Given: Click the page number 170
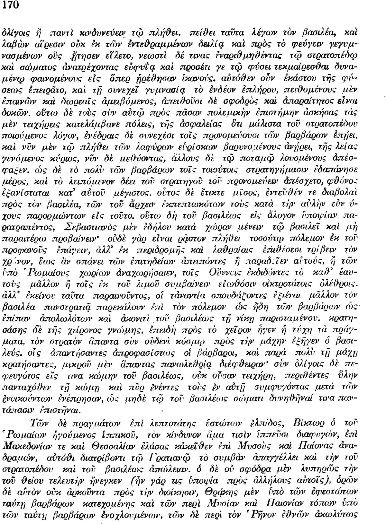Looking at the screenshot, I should tap(11, 5).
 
